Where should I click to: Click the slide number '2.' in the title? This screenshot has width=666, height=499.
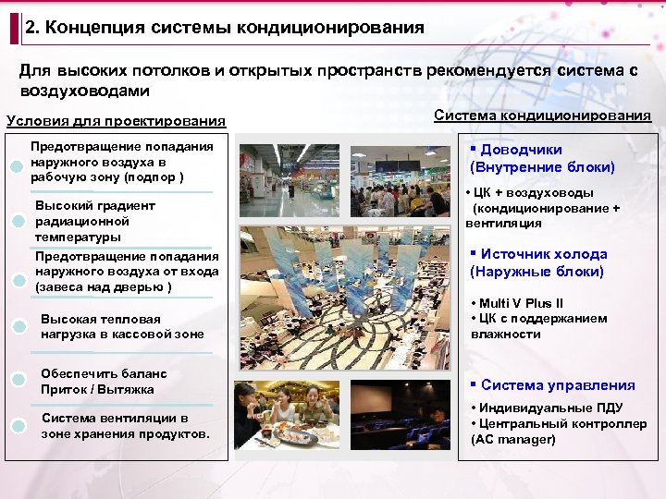[x=34, y=28]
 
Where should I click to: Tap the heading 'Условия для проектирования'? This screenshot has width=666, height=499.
[x=116, y=121]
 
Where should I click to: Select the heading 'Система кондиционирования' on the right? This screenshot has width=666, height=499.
[x=542, y=116]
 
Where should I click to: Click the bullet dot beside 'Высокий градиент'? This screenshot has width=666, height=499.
[x=19, y=222]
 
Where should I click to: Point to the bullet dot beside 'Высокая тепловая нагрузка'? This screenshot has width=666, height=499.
[x=19, y=324]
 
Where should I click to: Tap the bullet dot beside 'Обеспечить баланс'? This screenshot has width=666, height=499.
[x=19, y=380]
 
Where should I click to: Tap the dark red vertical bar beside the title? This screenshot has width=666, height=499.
[x=14, y=29]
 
